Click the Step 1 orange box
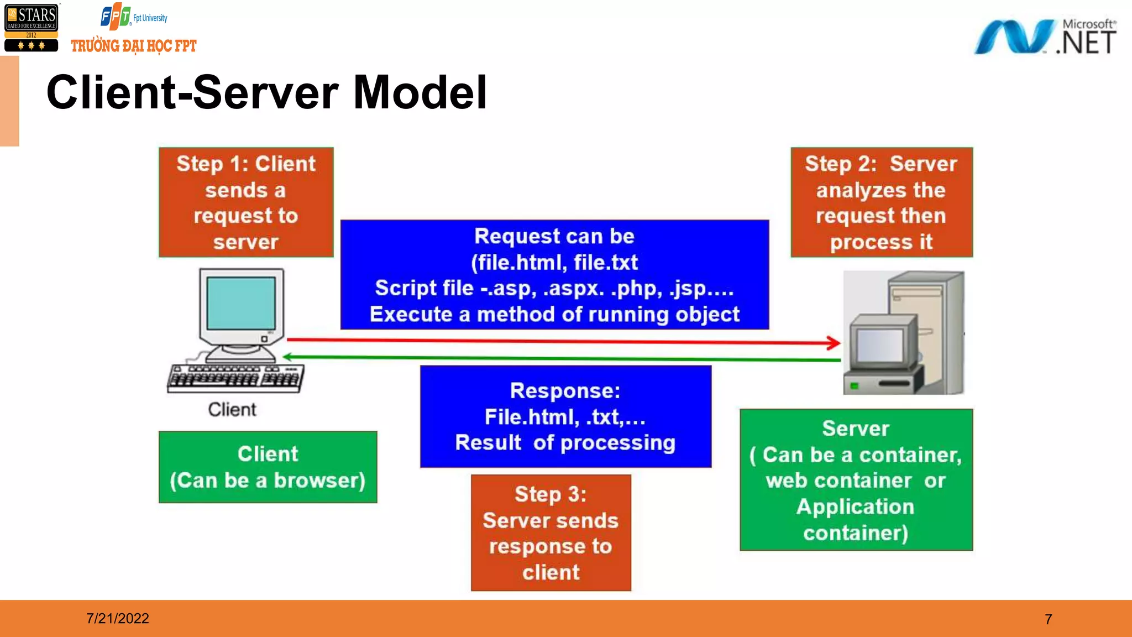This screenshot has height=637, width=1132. (x=246, y=202)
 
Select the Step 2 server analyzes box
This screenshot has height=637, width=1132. (x=881, y=202)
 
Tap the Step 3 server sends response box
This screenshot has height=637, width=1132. (x=551, y=532)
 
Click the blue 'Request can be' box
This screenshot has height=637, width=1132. (x=554, y=275)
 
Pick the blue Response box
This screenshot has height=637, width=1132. (x=565, y=416)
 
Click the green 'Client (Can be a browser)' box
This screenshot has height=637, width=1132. (x=268, y=467)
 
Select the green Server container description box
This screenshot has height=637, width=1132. (x=856, y=479)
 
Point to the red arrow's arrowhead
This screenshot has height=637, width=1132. (x=834, y=343)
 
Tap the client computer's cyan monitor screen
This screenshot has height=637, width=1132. (x=241, y=303)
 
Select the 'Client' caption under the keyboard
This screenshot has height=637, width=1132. (x=232, y=410)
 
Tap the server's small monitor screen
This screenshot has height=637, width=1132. (x=878, y=345)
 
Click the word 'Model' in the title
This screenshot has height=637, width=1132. (x=420, y=92)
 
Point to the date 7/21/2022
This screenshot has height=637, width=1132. (x=118, y=618)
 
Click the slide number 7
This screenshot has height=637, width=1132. (x=1048, y=619)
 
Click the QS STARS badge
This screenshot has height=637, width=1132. (x=32, y=28)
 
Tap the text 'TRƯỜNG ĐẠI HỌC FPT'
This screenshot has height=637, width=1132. (x=134, y=46)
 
